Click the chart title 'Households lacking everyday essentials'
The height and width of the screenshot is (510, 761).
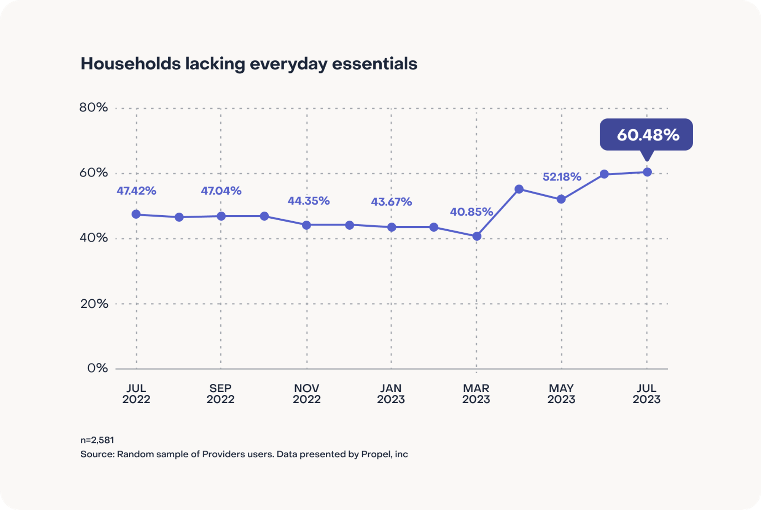coord(249,64)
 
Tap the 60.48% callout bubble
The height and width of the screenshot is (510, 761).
coord(646,135)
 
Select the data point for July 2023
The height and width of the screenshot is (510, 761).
coord(647,172)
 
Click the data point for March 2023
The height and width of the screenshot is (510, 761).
coord(477,236)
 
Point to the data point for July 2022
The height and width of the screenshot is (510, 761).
coord(136,214)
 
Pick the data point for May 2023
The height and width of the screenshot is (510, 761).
coord(561,199)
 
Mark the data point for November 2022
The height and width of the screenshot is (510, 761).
coord(306,225)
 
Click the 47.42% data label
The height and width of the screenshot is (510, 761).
coord(136,191)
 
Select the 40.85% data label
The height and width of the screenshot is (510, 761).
coord(471,212)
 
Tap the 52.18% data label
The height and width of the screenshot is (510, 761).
coord(562,177)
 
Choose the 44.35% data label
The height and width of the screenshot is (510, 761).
coord(308,201)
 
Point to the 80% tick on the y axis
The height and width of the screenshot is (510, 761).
coord(94,108)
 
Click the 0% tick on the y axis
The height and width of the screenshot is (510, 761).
coord(97,368)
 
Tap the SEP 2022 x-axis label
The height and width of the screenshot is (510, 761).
coord(220,394)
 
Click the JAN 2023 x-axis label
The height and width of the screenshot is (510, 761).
coord(391,394)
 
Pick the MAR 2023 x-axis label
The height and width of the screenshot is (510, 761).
coord(476,394)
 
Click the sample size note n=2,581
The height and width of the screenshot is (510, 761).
coord(97,440)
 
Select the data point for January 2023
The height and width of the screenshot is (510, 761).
coord(392,227)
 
